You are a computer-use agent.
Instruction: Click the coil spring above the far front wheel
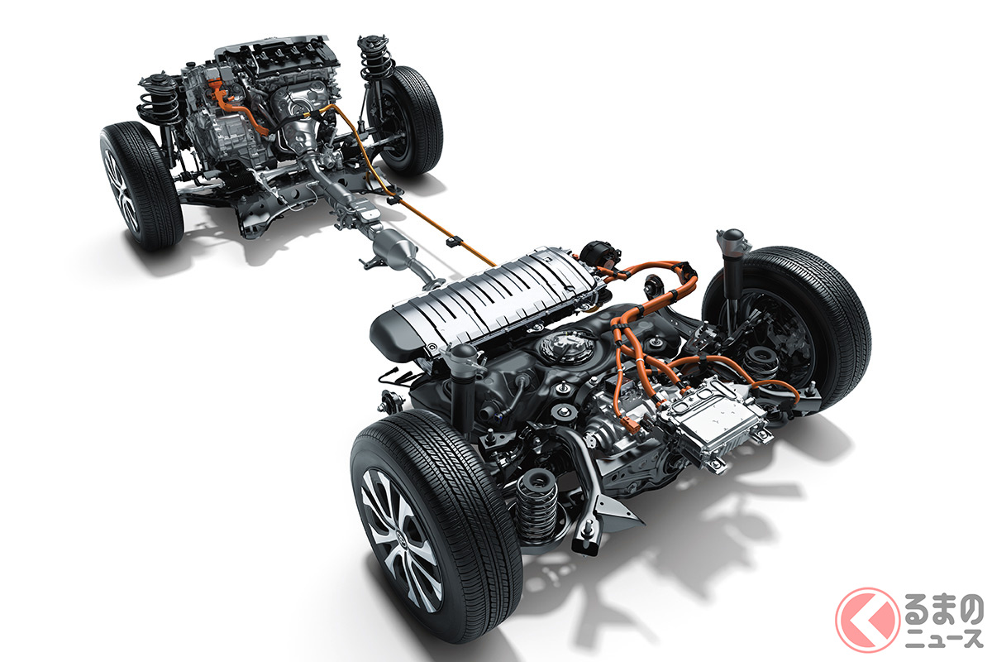coord(375,60)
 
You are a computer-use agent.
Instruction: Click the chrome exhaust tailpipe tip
coord(584,543)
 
